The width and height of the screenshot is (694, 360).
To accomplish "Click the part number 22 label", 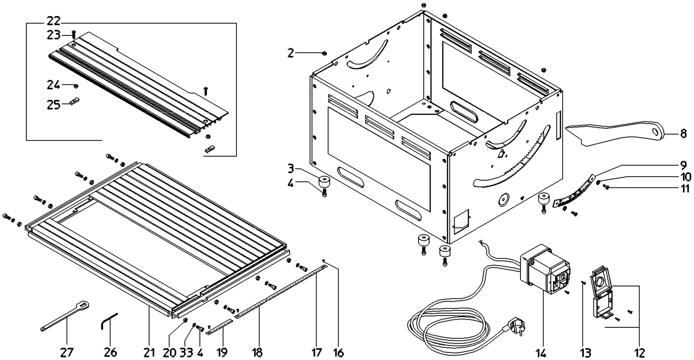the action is click(x=53, y=22).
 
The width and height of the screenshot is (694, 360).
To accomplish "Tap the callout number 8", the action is click(x=683, y=134).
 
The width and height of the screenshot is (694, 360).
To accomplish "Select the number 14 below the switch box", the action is click(x=541, y=353).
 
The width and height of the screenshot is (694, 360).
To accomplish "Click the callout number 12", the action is click(x=639, y=353).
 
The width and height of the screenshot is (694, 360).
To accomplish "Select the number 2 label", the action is click(x=290, y=53).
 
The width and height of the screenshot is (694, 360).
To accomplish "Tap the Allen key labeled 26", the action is click(x=109, y=321).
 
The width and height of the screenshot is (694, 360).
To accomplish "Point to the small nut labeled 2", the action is click(x=324, y=53).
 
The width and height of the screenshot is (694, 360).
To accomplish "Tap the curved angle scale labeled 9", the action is click(x=573, y=191).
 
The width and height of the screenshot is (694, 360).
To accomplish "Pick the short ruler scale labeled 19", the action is click(x=219, y=327).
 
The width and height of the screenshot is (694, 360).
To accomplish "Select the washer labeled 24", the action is click(x=76, y=85).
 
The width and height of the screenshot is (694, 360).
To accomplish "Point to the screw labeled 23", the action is click(x=74, y=34).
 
